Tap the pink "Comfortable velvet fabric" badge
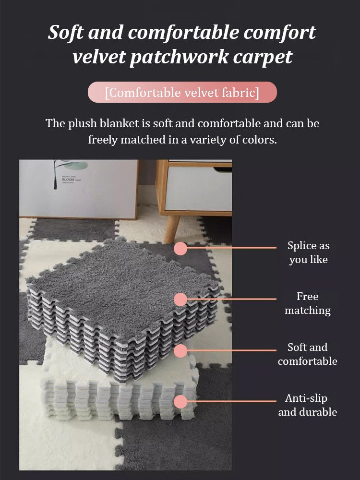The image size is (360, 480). coord(182,92)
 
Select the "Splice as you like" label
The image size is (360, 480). coord(308,252)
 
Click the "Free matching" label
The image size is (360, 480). coord(308,303)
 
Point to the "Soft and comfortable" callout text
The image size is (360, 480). coord(308,354)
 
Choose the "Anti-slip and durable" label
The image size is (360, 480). coord(307,405)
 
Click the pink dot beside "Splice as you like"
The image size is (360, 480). coord(180,248)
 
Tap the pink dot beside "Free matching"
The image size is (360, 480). coord(180,299)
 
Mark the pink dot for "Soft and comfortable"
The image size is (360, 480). coord(180,350)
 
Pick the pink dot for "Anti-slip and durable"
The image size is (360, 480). coord(180,401)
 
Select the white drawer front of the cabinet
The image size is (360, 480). coord(198,188)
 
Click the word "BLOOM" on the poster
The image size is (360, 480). coord(68,180)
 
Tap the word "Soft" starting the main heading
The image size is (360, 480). coord(65,32)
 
